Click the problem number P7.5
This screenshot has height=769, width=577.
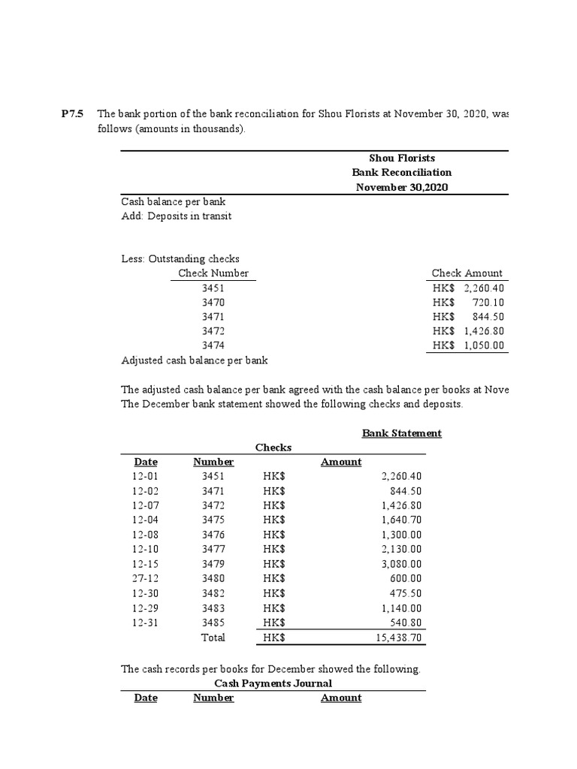[x=73, y=114]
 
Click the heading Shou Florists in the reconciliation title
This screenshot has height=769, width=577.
[x=401, y=158]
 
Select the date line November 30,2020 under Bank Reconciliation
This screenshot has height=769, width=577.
[x=401, y=187]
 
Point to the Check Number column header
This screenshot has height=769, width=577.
[x=213, y=273]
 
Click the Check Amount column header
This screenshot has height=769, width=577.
[x=467, y=273]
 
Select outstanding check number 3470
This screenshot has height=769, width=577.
[x=213, y=302]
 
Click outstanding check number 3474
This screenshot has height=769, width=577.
[x=213, y=345]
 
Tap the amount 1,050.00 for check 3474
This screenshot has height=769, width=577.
[x=484, y=345]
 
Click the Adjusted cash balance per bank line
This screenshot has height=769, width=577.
[x=195, y=360]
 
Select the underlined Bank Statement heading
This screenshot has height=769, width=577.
[x=401, y=433]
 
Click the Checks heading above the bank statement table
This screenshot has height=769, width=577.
[x=273, y=448]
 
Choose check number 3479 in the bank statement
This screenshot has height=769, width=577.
[x=213, y=564]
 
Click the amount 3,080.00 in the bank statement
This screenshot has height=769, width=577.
[x=402, y=564]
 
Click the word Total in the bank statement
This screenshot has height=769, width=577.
[x=213, y=638]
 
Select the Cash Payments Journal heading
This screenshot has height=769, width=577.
[x=273, y=683]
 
